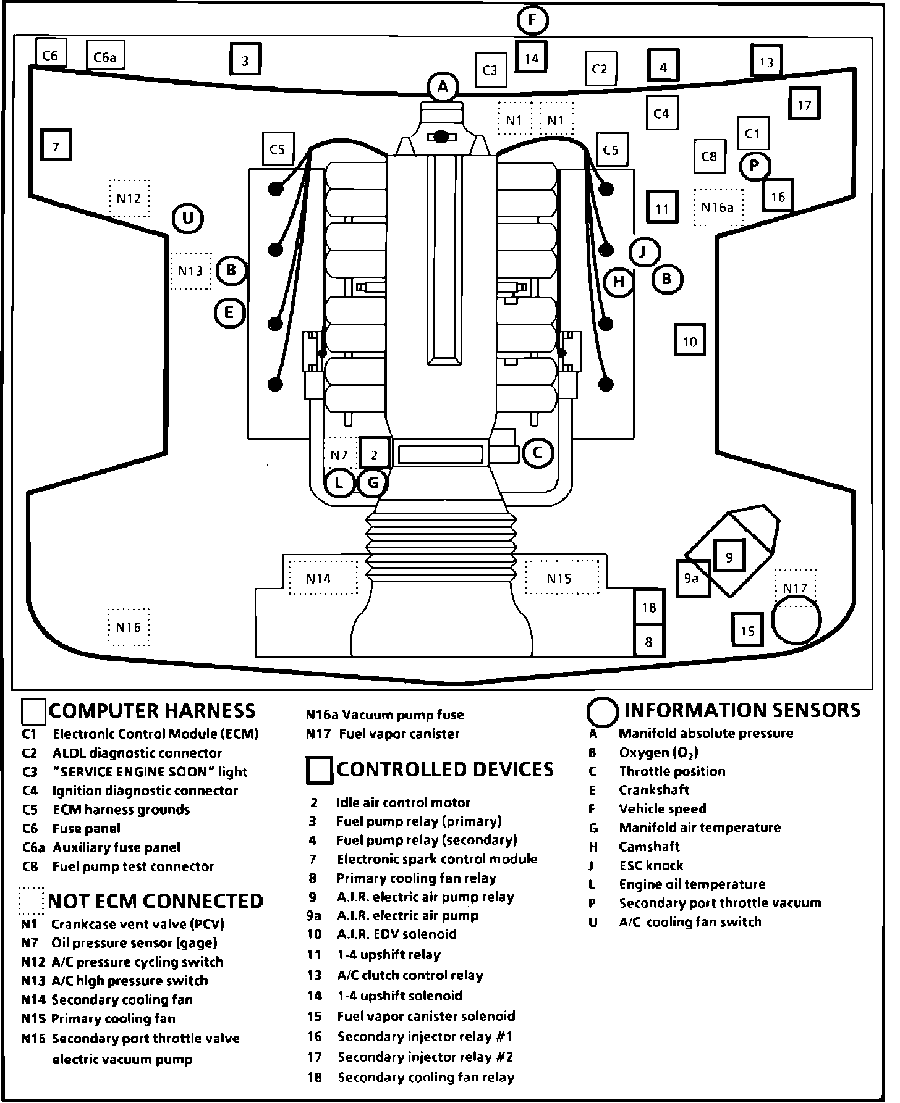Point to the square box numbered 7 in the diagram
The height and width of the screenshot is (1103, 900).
point(56,147)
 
